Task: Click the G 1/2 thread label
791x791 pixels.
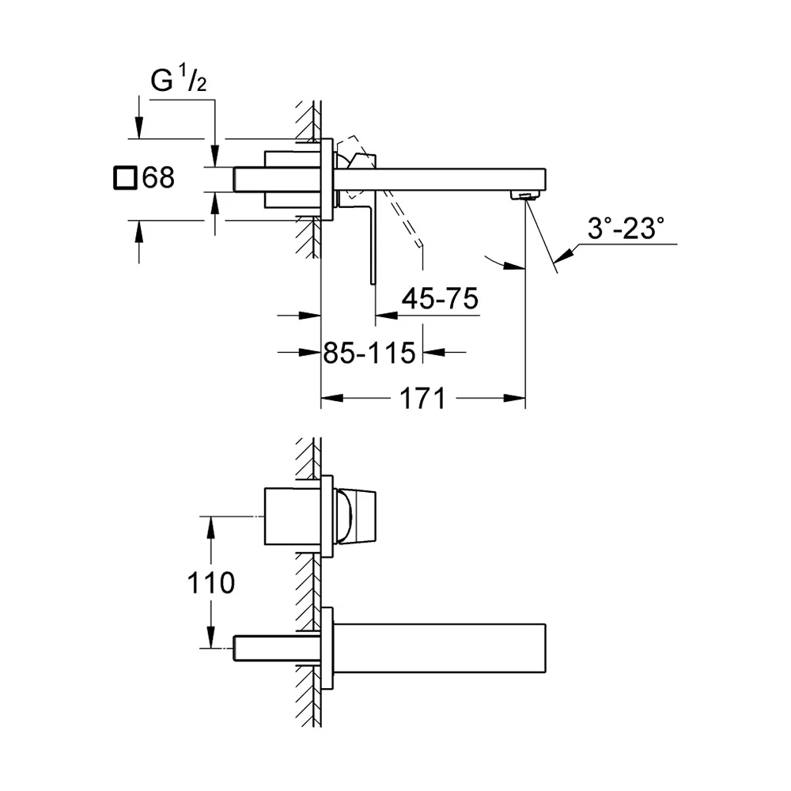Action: (179, 78)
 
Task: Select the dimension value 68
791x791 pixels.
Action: (158, 177)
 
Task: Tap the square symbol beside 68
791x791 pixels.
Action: (125, 177)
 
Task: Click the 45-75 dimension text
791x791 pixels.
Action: (440, 299)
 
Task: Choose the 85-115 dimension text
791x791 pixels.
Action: (369, 353)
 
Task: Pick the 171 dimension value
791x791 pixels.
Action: (422, 399)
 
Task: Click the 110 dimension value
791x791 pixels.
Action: (211, 583)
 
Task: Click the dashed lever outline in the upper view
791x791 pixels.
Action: (384, 197)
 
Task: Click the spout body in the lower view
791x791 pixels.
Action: (440, 649)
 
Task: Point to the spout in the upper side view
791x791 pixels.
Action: (440, 180)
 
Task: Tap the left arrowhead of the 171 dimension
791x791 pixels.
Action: (332, 399)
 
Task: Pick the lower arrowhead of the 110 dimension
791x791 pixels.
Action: (211, 637)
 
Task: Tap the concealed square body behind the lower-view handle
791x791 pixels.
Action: (293, 517)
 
